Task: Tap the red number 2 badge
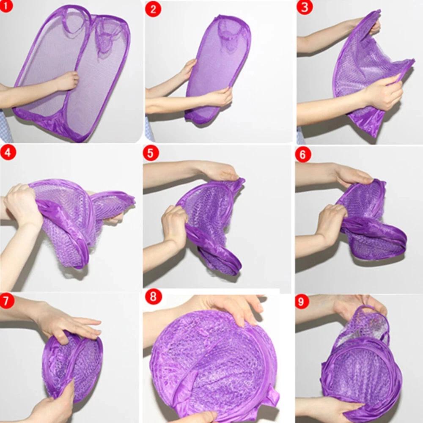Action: [x=153, y=9]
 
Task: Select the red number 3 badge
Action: [x=304, y=7]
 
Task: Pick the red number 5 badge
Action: [x=150, y=153]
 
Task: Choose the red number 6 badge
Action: [x=303, y=155]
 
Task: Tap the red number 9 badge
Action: [x=302, y=302]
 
